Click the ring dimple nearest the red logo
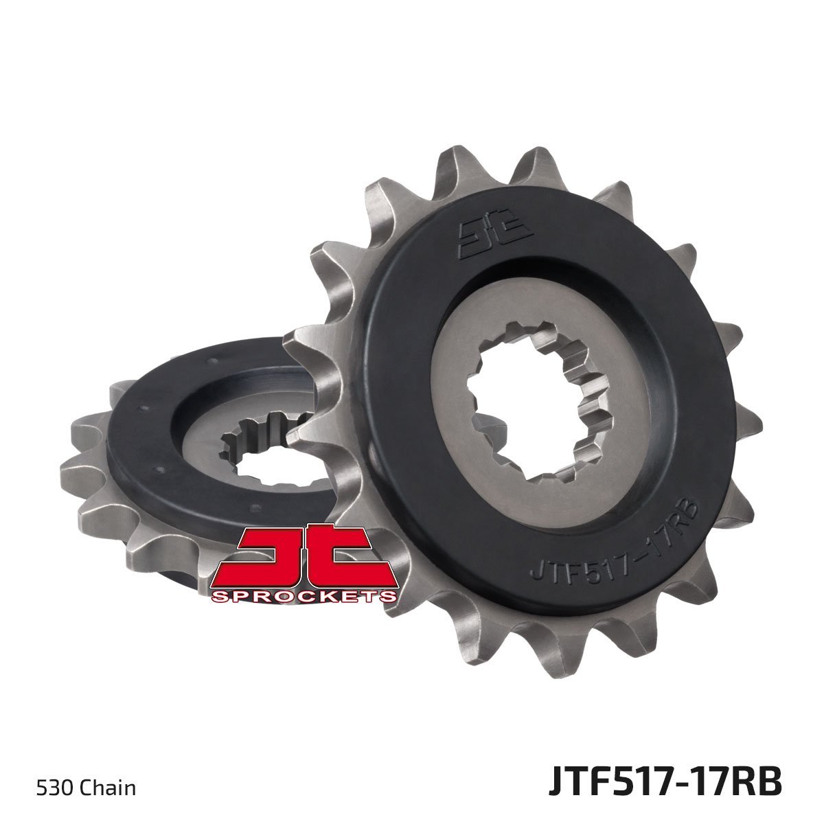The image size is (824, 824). coord(255,509)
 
